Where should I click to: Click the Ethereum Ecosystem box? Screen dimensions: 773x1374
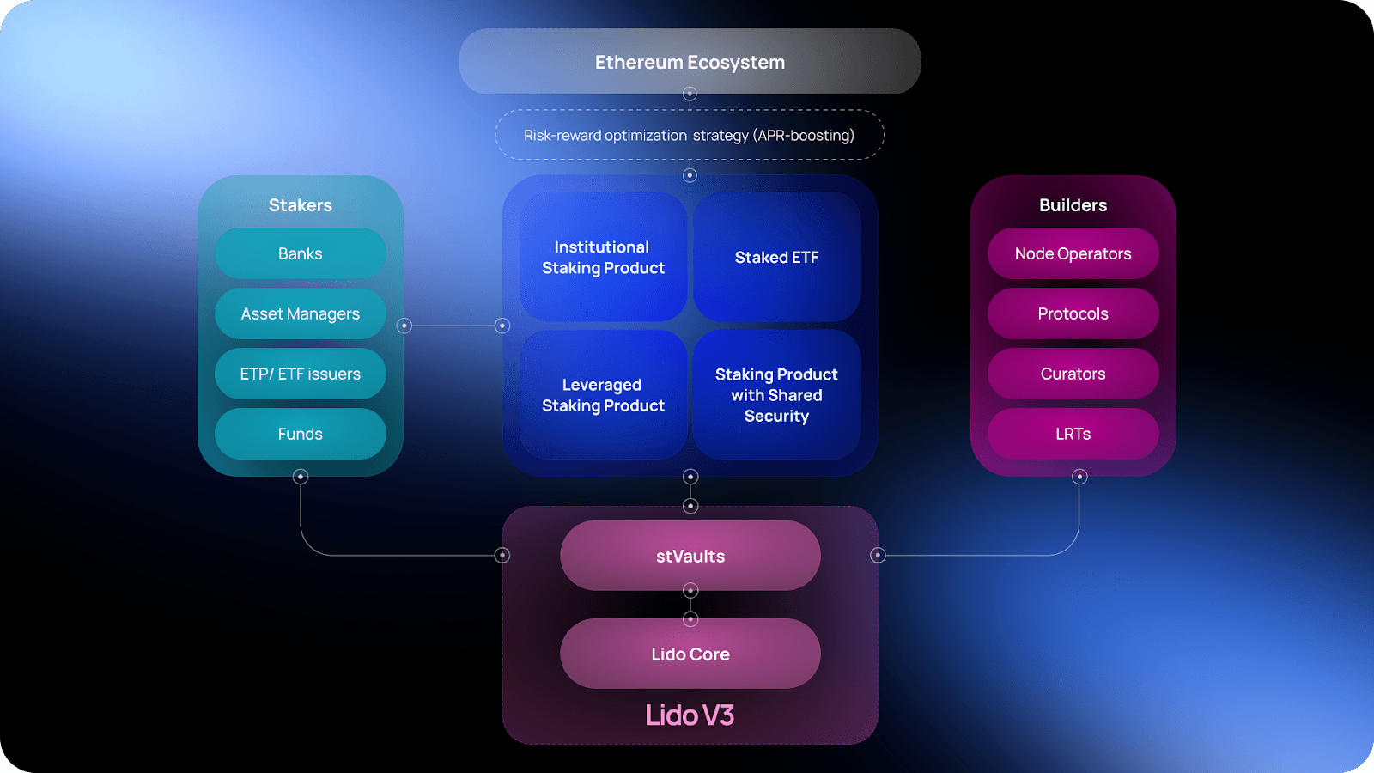click(x=690, y=62)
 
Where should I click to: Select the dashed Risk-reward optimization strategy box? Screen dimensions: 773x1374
click(x=690, y=135)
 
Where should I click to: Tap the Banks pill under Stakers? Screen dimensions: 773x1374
click(x=300, y=253)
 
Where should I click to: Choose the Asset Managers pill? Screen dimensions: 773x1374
click(x=300, y=313)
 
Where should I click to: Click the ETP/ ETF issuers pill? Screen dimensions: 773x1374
click(x=300, y=374)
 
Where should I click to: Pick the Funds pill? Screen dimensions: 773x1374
click(x=300, y=434)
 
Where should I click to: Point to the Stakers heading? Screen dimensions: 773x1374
click(x=300, y=205)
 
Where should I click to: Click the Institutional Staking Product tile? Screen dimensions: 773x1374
click(x=603, y=257)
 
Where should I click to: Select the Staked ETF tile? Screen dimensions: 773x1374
click(x=776, y=257)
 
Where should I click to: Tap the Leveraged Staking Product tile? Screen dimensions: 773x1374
click(x=603, y=395)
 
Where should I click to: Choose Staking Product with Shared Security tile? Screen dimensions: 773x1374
click(x=776, y=395)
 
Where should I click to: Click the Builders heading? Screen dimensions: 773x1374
click(x=1073, y=205)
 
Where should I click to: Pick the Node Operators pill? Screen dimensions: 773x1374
click(x=1073, y=253)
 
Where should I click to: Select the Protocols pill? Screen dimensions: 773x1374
click(x=1073, y=313)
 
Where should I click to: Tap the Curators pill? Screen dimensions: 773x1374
click(x=1073, y=374)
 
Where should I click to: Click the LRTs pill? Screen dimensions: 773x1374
click(x=1073, y=434)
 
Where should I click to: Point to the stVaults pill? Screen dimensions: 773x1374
click(x=690, y=556)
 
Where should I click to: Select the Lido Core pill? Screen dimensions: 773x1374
click(x=690, y=654)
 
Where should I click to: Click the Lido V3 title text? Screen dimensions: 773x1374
click(x=690, y=715)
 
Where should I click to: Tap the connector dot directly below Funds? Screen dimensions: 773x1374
click(x=301, y=477)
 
